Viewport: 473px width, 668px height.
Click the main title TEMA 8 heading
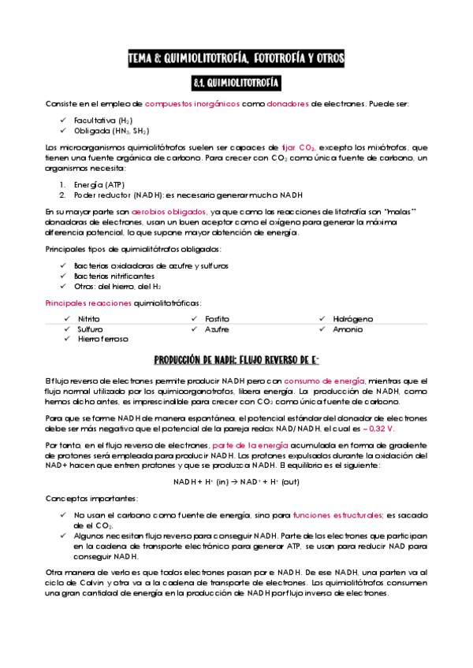pyautogui.click(x=236, y=58)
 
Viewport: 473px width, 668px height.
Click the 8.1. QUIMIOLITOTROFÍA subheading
pyautogui.click(x=236, y=82)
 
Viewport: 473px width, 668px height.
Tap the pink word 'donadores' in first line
pyautogui.click(x=287, y=104)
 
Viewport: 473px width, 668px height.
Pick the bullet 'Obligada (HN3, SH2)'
pyautogui.click(x=111, y=131)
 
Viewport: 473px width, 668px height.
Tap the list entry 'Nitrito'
pyautogui.click(x=88, y=319)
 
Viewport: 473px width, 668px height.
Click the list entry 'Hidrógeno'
pyautogui.click(x=353, y=319)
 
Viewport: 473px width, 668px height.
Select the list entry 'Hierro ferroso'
pyautogui.click(x=103, y=339)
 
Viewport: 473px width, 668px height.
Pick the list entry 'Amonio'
pyautogui.click(x=348, y=329)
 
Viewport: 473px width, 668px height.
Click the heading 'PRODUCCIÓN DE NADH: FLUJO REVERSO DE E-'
pyautogui.click(x=236, y=360)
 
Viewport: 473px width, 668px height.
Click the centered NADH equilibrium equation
pyautogui.click(x=236, y=482)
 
